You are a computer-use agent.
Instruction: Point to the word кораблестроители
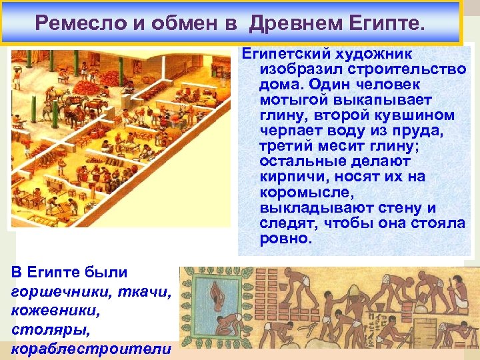(x=91, y=349)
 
